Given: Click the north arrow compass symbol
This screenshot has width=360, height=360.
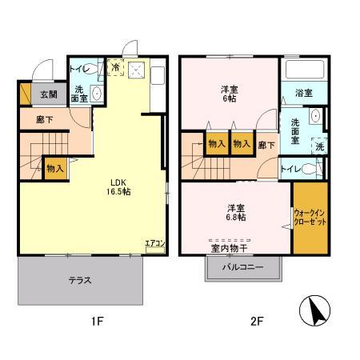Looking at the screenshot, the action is click(x=314, y=310).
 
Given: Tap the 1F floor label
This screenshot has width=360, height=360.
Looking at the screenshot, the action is click(x=98, y=321).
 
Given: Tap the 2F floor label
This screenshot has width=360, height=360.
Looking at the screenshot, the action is click(x=257, y=321).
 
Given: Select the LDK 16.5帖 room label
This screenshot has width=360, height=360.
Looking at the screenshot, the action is click(x=118, y=187).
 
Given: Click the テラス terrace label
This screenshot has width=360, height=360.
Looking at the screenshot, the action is click(x=80, y=280).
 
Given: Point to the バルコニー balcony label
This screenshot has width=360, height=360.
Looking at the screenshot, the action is click(x=243, y=267).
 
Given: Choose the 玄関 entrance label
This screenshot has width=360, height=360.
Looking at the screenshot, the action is click(x=49, y=94).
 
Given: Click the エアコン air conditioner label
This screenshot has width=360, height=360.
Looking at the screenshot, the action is click(x=155, y=243).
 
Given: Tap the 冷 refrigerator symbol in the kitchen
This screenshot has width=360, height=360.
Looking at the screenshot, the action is click(x=116, y=67).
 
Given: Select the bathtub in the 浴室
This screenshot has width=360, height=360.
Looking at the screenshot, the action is click(x=305, y=70).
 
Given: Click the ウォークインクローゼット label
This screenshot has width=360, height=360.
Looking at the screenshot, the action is click(x=310, y=218).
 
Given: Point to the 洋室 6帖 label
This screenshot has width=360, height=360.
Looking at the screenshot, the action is click(x=229, y=94).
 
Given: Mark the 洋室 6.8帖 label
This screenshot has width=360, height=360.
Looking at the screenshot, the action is click(x=236, y=213).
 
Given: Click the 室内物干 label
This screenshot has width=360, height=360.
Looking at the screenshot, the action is click(x=230, y=248).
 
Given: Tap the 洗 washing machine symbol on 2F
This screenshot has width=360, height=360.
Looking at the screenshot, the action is click(x=319, y=146).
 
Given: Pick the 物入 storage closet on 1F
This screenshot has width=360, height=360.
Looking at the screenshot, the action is click(x=55, y=169).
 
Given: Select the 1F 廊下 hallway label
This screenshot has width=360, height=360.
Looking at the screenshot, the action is click(x=45, y=120).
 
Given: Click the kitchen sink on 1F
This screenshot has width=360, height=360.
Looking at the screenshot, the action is click(x=158, y=75).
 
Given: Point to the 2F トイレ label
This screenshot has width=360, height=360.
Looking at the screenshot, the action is click(x=291, y=169).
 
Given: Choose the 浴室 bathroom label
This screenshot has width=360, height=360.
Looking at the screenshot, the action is click(x=304, y=93).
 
